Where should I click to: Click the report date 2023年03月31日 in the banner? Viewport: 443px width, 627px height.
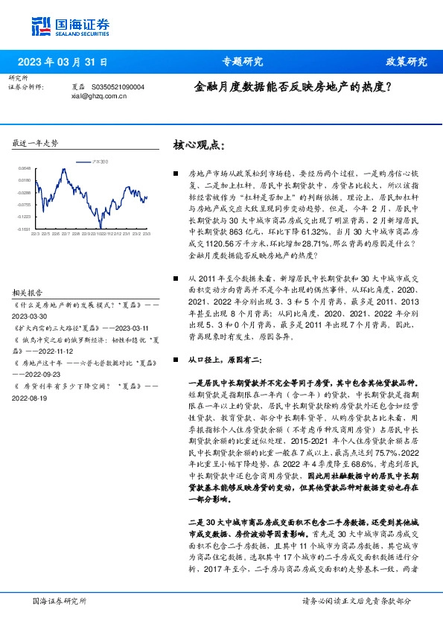click(62, 62)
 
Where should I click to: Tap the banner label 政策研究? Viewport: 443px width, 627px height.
click(407, 62)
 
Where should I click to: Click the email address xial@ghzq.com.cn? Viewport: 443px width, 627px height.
click(99, 95)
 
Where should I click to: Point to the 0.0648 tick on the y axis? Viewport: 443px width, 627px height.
click(25, 169)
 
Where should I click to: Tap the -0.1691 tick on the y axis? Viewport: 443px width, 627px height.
click(25, 229)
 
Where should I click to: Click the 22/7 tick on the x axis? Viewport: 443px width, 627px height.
click(67, 233)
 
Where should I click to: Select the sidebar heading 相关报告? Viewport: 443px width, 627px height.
click(29, 272)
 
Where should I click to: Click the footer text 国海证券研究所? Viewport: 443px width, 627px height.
click(60, 600)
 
